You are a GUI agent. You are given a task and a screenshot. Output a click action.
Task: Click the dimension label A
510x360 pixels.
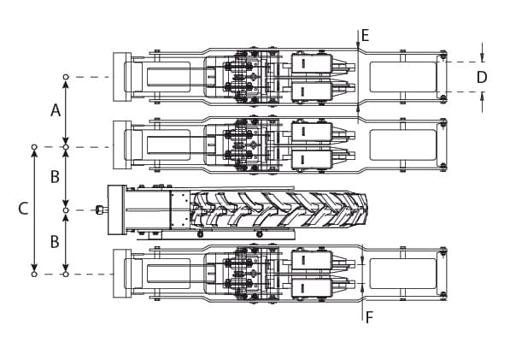pyautogui.click(x=56, y=110)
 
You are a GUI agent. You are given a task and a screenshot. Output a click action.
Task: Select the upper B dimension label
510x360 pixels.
pyautogui.click(x=55, y=177)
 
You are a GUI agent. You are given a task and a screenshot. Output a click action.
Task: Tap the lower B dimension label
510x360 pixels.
pyautogui.click(x=55, y=242)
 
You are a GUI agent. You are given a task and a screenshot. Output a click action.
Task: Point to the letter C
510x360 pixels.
pyautogui.click(x=23, y=209)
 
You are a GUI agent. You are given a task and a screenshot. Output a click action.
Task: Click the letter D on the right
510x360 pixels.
pyautogui.click(x=482, y=77)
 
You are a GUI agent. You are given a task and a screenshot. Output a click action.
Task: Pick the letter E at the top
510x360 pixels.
pyautogui.click(x=366, y=35)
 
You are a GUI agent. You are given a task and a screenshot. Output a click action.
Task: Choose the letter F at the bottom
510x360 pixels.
pyautogui.click(x=369, y=317)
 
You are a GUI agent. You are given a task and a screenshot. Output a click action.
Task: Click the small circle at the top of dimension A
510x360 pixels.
pyautogui.click(x=66, y=77)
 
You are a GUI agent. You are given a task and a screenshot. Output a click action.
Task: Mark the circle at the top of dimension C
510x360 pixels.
pyautogui.click(x=34, y=147)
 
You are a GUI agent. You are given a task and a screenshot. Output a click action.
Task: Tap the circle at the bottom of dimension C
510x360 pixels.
pyautogui.click(x=34, y=274)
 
